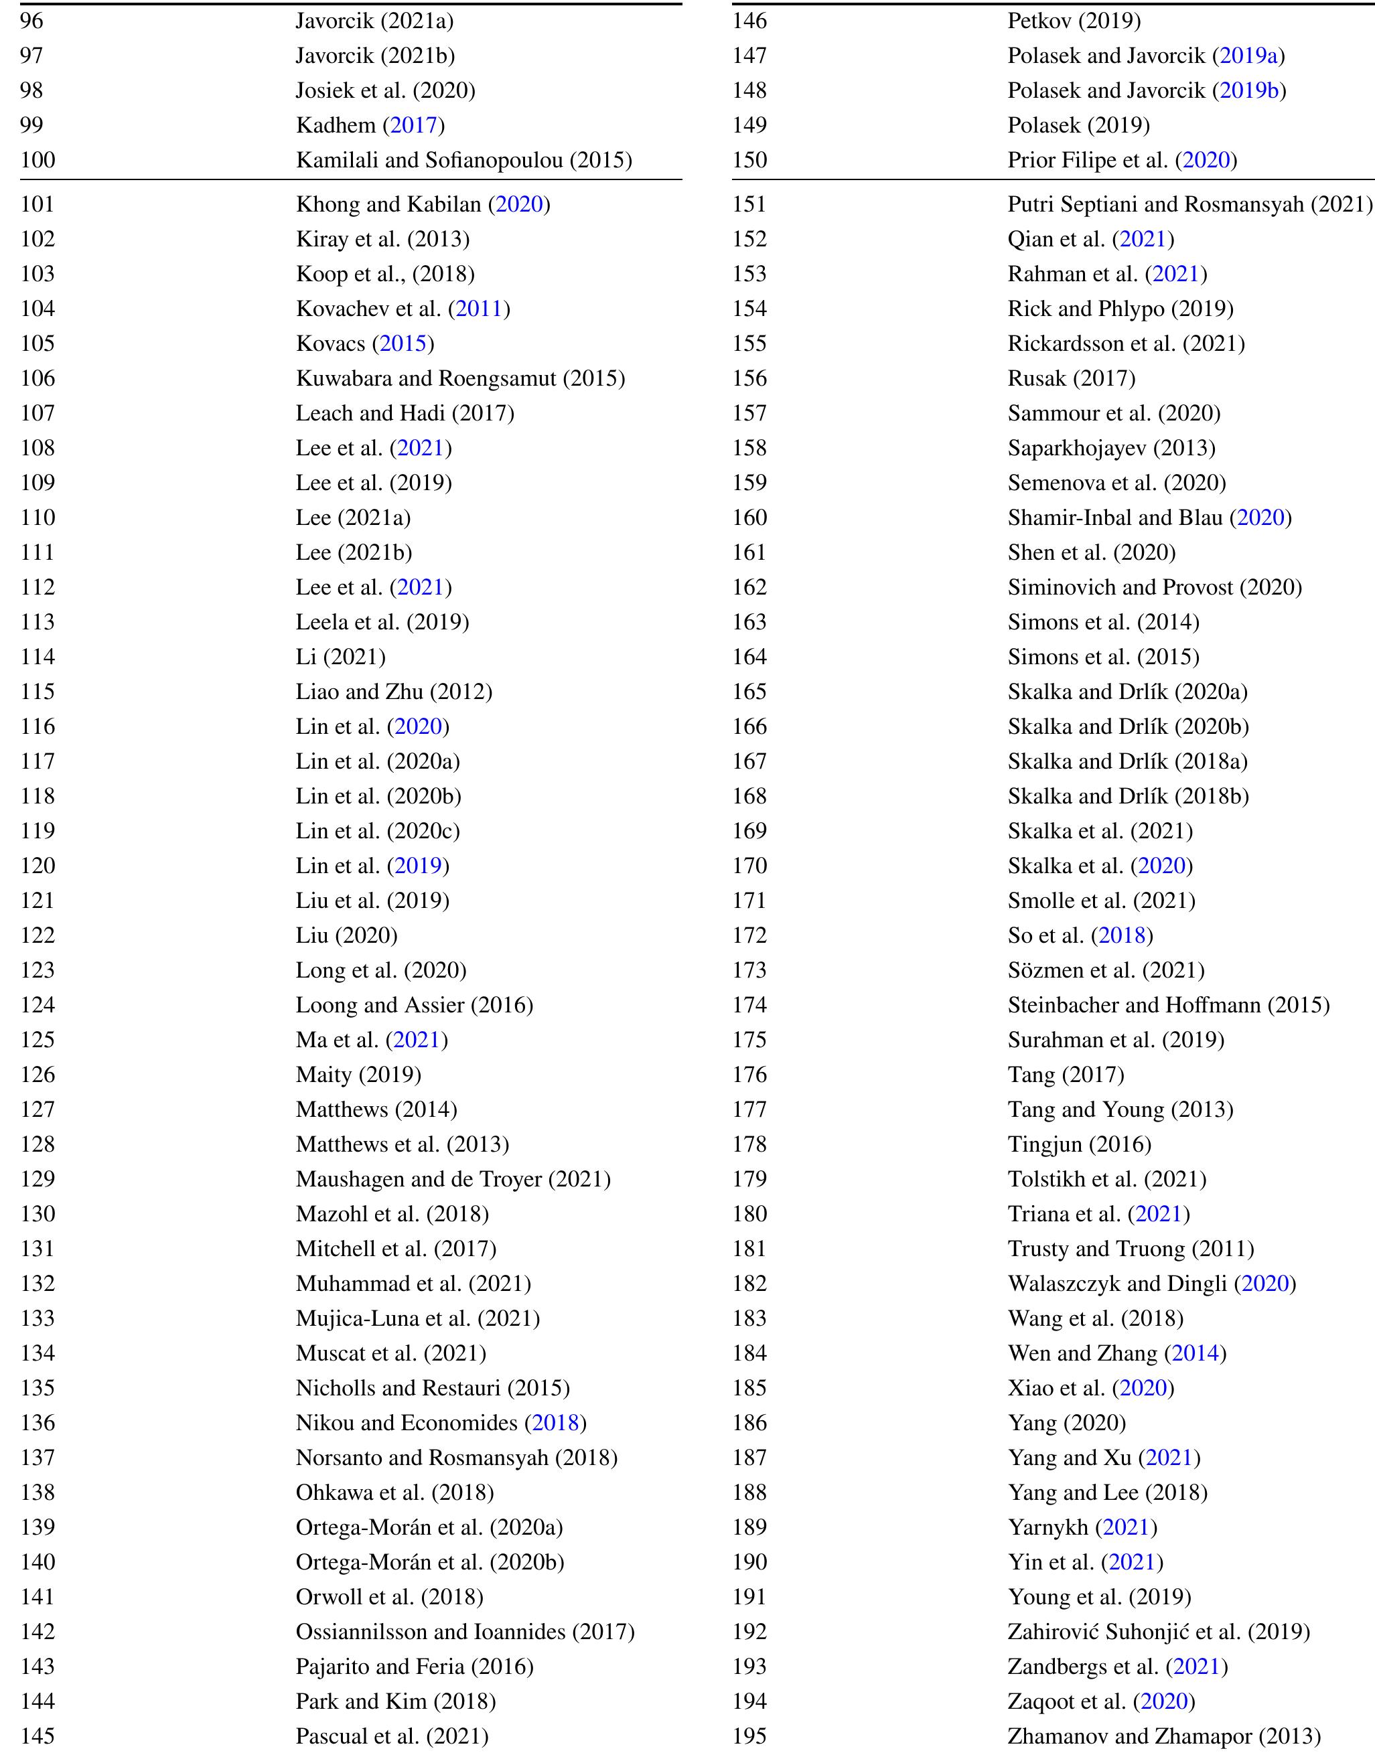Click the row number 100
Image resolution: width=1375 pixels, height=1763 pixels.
(x=38, y=160)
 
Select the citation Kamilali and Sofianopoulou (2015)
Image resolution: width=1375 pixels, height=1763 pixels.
(x=463, y=160)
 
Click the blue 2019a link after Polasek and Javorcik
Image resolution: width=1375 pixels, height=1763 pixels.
(x=1248, y=56)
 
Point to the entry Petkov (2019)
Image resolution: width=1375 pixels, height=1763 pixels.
(x=1074, y=21)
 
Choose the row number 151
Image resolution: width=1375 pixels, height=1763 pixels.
(x=749, y=204)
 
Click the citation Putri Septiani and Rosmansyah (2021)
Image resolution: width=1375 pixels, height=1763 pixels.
(x=1189, y=204)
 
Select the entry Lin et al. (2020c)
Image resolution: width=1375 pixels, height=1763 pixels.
(x=378, y=831)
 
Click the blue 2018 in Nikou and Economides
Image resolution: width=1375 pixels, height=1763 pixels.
(x=555, y=1422)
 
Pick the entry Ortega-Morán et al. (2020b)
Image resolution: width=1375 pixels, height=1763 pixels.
(x=429, y=1561)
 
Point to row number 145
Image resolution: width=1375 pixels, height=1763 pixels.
(x=38, y=1736)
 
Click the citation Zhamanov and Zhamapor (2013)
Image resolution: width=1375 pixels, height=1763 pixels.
(x=1163, y=1736)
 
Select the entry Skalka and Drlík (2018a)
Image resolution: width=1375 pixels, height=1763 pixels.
(x=1127, y=761)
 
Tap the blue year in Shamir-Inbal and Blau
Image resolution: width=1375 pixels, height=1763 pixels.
(x=1260, y=518)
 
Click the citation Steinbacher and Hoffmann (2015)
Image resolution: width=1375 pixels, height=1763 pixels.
(x=1168, y=1005)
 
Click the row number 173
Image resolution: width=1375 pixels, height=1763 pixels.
(x=749, y=970)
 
